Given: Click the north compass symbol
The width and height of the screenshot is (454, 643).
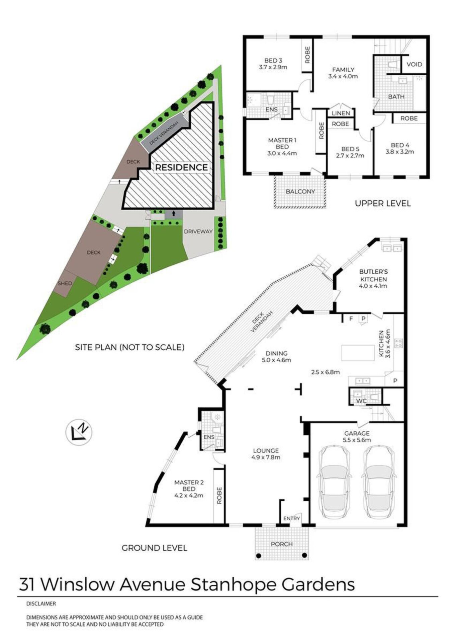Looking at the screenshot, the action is point(79,432).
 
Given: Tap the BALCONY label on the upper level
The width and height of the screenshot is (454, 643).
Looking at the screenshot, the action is point(300,192).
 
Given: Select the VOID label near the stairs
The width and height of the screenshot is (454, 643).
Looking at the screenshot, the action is point(414,64).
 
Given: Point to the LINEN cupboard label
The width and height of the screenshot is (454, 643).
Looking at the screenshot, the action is point(341,114).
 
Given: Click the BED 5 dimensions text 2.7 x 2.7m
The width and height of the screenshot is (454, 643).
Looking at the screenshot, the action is point(350,155).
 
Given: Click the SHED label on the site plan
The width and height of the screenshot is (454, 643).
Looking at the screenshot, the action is point(65,283).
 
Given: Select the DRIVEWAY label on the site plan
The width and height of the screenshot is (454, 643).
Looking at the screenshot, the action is point(198,231).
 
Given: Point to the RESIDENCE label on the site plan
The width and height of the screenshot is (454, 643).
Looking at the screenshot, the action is point(181,167).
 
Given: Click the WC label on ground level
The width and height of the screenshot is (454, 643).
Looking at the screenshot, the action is point(361,401).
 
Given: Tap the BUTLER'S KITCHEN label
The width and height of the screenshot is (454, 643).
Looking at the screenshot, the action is point(373,275).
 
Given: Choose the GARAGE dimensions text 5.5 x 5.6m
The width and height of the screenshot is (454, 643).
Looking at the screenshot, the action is point(357,440).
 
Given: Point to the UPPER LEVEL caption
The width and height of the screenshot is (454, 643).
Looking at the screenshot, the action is point(383,203).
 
